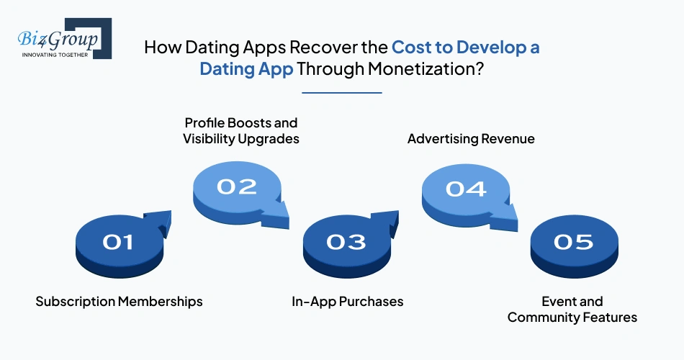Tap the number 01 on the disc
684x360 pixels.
[x=119, y=243]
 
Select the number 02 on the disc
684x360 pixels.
[x=237, y=187]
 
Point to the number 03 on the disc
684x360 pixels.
[x=346, y=243]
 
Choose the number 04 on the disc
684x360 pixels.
[x=465, y=189]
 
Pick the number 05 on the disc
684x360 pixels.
[x=573, y=243]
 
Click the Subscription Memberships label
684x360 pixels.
[x=119, y=301]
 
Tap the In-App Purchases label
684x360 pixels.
[x=346, y=301]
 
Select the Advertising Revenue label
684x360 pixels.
[x=471, y=138]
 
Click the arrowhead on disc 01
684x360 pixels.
[x=160, y=220]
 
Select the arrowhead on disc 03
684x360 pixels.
[x=387, y=220]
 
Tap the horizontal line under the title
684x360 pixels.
[x=341, y=92]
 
